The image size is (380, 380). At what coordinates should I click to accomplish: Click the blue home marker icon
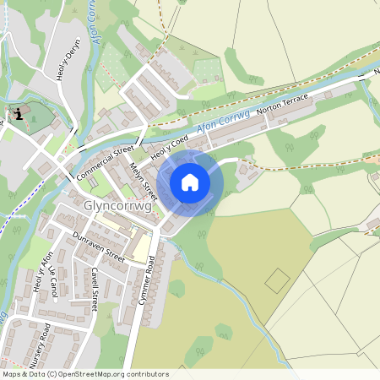(x=190, y=182)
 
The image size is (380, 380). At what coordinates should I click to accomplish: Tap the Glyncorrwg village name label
(x=117, y=204)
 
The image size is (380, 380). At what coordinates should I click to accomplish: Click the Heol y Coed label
(x=168, y=146)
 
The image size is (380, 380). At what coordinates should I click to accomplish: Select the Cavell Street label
(x=93, y=289)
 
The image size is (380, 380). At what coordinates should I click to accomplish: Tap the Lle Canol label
(x=54, y=282)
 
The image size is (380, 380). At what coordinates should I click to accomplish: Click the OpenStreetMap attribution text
(x=84, y=373)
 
